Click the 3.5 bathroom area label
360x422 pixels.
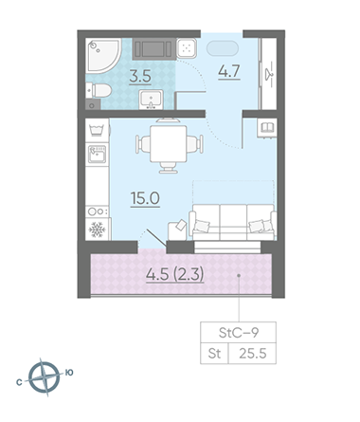point(140,77)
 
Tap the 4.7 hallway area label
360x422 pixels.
point(229,71)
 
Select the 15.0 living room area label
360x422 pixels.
point(145,198)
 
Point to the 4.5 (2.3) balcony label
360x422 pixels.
point(175,274)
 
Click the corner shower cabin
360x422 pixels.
point(102,54)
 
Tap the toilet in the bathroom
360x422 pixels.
point(99,90)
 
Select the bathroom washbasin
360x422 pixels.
point(151,100)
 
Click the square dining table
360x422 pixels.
point(169,144)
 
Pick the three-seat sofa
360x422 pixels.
point(233,222)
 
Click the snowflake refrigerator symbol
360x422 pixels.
point(98,229)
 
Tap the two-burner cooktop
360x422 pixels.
point(98,211)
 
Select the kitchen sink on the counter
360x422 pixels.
point(98,155)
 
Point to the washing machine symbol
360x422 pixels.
point(98,130)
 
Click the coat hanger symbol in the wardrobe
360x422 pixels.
point(269,75)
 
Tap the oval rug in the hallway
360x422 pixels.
point(223,48)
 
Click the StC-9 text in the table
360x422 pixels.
point(239,333)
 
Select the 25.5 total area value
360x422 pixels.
point(253,354)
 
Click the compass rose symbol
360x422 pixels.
point(45,377)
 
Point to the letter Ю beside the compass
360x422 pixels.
point(69,373)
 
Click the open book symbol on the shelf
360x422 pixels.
point(267,128)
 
